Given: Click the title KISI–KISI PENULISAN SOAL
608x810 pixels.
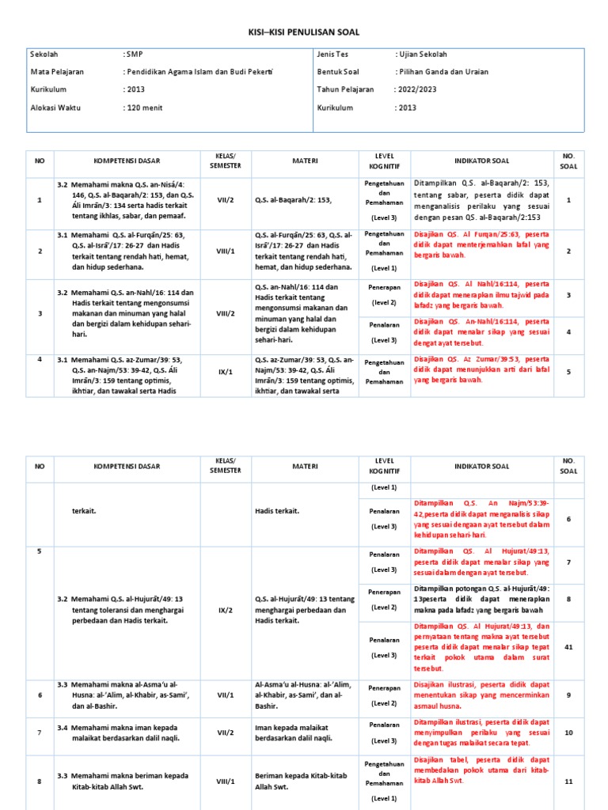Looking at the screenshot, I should click(304, 32).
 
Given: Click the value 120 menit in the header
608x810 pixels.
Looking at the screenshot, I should click(144, 107).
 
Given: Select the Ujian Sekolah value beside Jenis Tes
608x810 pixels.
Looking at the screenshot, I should click(422, 55).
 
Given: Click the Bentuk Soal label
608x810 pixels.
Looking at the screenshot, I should click(338, 72).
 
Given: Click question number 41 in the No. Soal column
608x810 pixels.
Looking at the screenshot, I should click(568, 646).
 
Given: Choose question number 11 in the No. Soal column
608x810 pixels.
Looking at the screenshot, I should click(568, 781).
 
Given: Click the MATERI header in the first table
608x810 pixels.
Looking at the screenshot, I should click(304, 161).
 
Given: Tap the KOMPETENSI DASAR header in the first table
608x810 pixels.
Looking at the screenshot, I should click(126, 161).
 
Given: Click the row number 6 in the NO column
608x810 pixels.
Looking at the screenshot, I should click(39, 695).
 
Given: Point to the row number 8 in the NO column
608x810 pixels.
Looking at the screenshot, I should click(39, 781).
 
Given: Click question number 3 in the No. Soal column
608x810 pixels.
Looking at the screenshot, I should click(568, 295).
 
